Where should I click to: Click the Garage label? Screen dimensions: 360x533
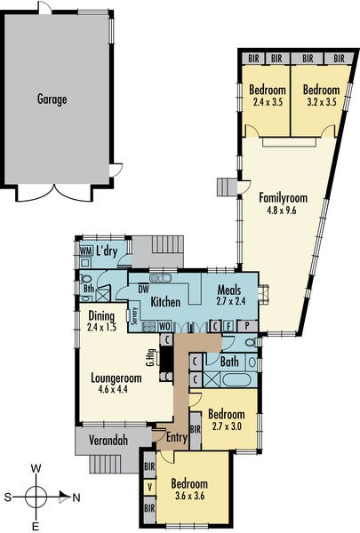pos(52,99)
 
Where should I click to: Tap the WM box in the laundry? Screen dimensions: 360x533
pos(85,251)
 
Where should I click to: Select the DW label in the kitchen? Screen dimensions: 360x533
pos(144,290)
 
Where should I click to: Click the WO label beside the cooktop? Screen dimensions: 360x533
pos(164,326)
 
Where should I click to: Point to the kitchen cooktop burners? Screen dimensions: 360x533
pos(149,326)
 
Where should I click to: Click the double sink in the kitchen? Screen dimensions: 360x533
pos(160,278)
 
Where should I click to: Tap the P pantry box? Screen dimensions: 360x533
pos(247,326)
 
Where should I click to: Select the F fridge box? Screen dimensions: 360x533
pos(229,326)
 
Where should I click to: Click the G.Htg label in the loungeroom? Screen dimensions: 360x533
pos(151,358)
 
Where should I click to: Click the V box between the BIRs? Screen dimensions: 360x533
pos(149,488)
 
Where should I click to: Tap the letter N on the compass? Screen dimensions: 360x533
pos(76,498)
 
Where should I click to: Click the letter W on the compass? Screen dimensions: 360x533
pos(36,469)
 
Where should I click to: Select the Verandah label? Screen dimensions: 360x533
pos(108,441)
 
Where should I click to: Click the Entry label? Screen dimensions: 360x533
pos(177,437)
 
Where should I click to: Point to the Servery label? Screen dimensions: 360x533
pos(135,315)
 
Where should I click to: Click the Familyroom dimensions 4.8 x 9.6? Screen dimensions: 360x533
pos(282,210)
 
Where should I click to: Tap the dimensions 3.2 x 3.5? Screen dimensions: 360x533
pos(322,101)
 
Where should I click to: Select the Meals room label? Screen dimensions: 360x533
pos(229,290)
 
